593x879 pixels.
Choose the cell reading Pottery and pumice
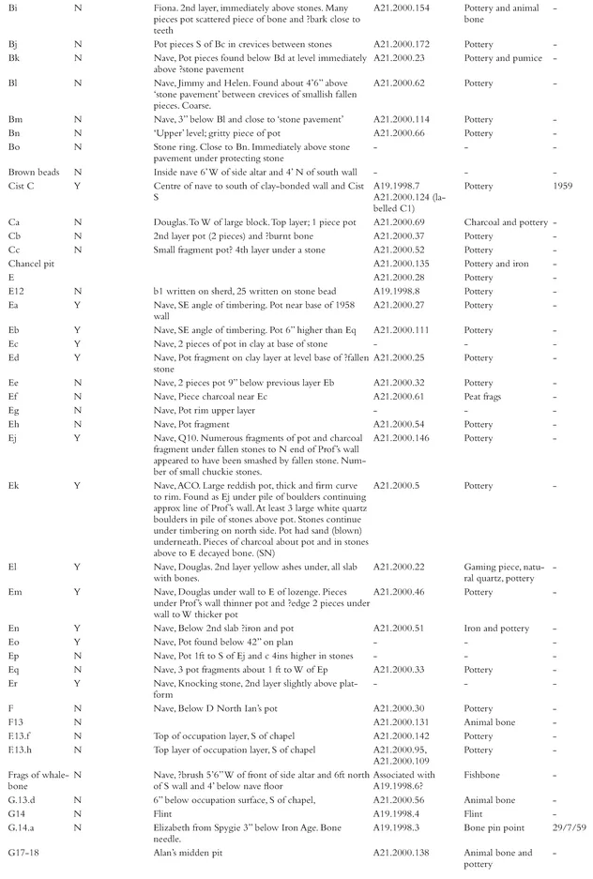click(x=503, y=58)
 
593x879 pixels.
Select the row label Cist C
click(x=22, y=186)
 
